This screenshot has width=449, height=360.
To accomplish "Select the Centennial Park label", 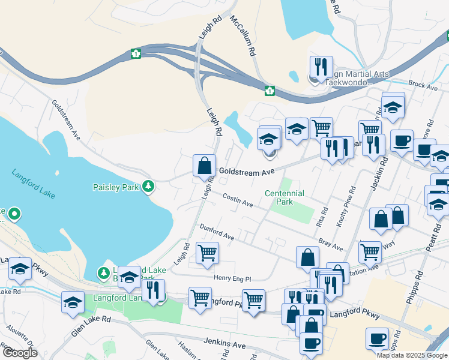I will pos(285,197).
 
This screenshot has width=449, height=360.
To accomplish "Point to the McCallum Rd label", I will pos(243,36).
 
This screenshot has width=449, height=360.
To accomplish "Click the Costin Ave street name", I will pos(237,200).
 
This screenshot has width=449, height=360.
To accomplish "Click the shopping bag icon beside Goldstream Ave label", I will pos(205,165).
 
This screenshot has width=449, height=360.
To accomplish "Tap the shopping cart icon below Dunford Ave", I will pos(207,253).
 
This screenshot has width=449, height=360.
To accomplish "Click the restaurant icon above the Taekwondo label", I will pos(321,66).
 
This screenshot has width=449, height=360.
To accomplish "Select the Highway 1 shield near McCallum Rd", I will pos(270,91).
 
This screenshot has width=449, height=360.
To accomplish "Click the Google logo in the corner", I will pos(19,352).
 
